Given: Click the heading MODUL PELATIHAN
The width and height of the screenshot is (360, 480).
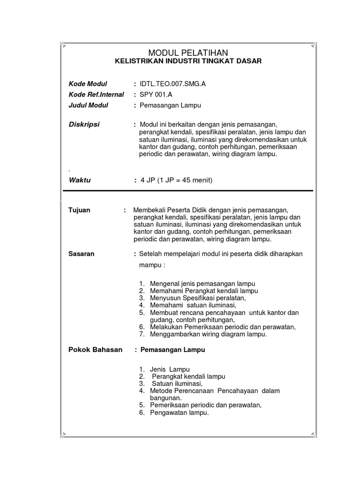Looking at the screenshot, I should (x=188, y=52).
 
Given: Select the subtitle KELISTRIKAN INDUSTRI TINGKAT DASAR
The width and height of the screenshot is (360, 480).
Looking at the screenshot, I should (x=188, y=61).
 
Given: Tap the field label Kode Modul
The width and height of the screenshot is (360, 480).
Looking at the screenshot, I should (x=88, y=84).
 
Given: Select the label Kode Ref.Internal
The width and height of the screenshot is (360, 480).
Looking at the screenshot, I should (x=96, y=95).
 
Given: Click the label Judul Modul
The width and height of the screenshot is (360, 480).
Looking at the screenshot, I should (x=88, y=105).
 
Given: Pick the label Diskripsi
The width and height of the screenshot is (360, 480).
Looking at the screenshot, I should (x=84, y=124).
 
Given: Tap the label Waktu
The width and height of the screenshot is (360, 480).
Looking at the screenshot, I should (x=80, y=180).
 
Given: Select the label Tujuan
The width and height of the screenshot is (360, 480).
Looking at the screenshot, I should (x=79, y=210).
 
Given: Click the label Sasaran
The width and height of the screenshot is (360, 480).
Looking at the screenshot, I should (x=82, y=254).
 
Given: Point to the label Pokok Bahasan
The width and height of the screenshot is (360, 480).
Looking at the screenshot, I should (x=96, y=350).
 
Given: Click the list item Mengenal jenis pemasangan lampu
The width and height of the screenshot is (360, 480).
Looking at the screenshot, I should (x=202, y=284).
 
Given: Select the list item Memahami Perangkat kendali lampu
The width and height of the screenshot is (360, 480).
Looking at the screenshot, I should (x=204, y=291).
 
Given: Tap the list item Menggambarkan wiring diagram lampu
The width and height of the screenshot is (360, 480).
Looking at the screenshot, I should (x=208, y=335).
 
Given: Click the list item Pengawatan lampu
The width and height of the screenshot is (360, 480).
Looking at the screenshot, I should (x=179, y=413).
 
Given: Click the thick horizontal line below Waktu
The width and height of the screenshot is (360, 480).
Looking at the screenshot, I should (x=187, y=191).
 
